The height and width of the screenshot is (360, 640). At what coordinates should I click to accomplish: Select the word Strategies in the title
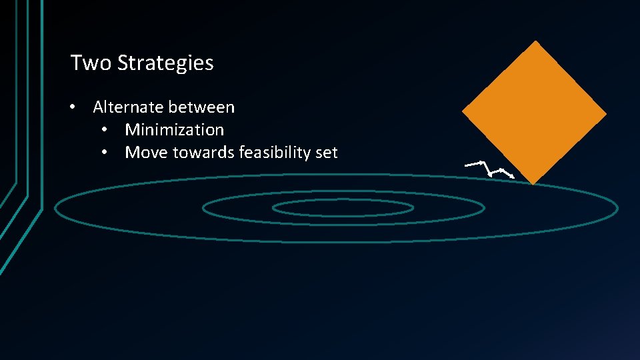click(165, 63)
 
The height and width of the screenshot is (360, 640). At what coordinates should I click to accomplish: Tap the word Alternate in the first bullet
click(128, 107)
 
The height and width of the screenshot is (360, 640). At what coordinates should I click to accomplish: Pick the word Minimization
click(174, 129)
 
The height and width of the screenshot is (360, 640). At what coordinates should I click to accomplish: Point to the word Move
click(146, 152)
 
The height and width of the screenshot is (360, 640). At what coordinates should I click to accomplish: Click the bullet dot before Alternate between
click(78, 107)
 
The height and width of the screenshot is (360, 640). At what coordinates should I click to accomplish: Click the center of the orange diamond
click(535, 112)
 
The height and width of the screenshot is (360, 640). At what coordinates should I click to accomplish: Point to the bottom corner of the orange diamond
click(533, 183)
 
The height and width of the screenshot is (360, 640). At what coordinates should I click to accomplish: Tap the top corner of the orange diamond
click(535, 41)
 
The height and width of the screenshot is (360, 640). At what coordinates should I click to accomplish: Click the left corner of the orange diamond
click(463, 112)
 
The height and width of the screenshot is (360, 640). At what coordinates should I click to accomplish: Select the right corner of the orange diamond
click(606, 115)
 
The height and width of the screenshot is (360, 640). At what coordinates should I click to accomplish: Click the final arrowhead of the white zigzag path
click(513, 177)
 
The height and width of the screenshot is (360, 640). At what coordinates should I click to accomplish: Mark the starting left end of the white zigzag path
click(466, 164)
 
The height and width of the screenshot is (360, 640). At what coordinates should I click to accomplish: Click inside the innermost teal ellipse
click(343, 208)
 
